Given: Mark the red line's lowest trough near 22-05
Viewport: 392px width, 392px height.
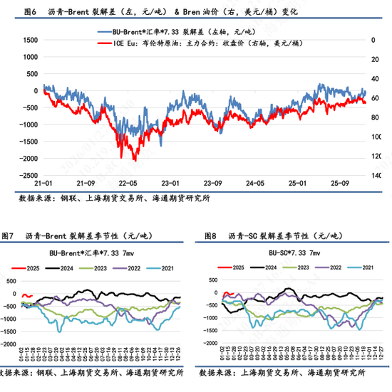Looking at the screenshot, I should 122,158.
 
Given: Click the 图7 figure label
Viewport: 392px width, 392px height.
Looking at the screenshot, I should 9,235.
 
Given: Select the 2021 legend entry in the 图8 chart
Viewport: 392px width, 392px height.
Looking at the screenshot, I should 363,267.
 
